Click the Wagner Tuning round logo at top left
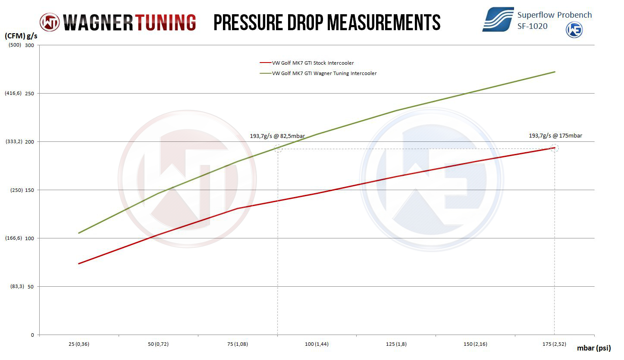50,22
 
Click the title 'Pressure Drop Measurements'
327,22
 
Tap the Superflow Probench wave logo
498,19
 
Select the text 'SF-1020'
533,26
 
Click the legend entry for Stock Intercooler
313,63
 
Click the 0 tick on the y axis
32,335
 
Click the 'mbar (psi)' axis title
594,348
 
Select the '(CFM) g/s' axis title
20,37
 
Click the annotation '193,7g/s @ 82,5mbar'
277,136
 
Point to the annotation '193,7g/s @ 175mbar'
555,136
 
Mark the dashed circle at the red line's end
555,148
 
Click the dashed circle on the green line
278,148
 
